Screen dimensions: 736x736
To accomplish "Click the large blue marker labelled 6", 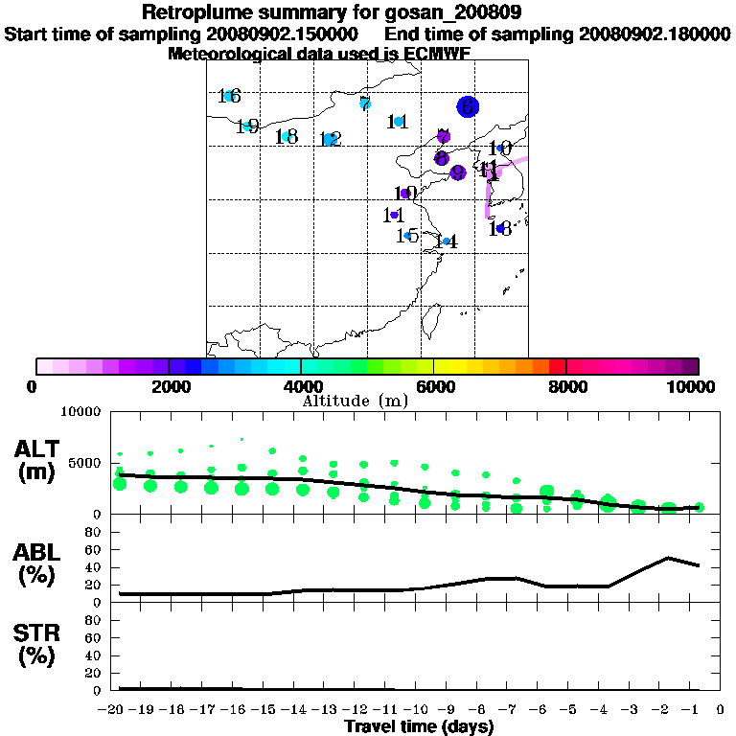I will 468,107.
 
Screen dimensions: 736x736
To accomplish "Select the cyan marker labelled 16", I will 228,96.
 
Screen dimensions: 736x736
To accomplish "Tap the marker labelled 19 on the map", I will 248,126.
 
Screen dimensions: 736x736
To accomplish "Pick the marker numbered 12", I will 329,140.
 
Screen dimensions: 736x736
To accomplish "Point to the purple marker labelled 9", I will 457,172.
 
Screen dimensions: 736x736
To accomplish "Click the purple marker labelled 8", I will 441,158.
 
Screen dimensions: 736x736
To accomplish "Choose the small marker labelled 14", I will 447,241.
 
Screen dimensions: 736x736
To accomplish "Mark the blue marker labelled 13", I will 500,228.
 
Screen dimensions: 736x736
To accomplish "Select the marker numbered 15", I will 407,235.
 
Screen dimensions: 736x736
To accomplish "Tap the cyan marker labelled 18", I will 286,136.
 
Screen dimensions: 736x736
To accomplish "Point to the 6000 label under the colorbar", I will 433,386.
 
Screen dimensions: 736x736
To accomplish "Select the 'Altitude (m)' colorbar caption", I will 355,400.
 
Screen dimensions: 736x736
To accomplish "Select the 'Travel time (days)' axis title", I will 419,726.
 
